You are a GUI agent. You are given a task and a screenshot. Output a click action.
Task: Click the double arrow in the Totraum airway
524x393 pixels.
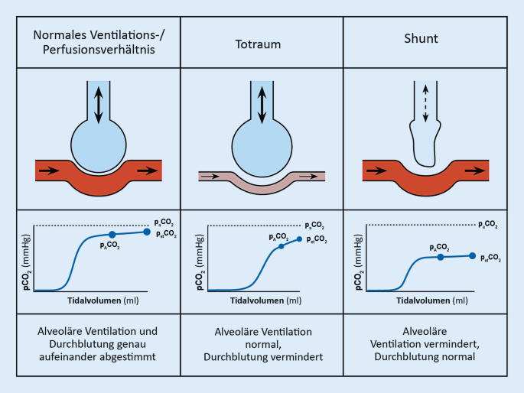point(262,103)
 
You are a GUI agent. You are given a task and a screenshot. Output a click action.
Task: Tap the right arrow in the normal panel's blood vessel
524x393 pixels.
point(145,170)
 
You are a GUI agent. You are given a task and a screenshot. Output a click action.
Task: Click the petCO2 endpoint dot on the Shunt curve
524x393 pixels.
point(472,256)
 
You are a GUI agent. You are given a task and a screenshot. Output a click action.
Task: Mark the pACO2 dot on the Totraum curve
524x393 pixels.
point(281,246)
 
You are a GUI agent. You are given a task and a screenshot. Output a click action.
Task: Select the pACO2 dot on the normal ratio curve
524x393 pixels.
point(112,235)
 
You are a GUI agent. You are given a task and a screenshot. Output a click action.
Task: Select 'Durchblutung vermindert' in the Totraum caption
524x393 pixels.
point(262,357)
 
